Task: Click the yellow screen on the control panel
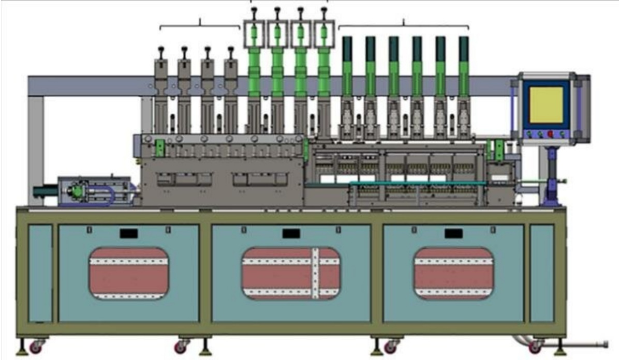[x=546, y=105]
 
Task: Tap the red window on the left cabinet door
[x=129, y=273]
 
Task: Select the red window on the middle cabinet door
[x=291, y=273]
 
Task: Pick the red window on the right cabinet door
[x=453, y=273]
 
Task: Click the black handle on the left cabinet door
[x=129, y=234]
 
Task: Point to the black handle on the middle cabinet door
[x=291, y=234]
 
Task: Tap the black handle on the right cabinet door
[x=453, y=234]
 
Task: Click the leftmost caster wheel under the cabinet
[x=35, y=347]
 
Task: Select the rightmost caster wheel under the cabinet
[x=535, y=347]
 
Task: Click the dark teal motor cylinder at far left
[x=41, y=192]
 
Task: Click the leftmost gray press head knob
[x=160, y=50]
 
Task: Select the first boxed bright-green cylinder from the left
[x=254, y=33]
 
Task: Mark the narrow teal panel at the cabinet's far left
[x=40, y=273]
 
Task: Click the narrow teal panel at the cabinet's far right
[x=541, y=273]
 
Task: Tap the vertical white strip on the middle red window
[x=315, y=273]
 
